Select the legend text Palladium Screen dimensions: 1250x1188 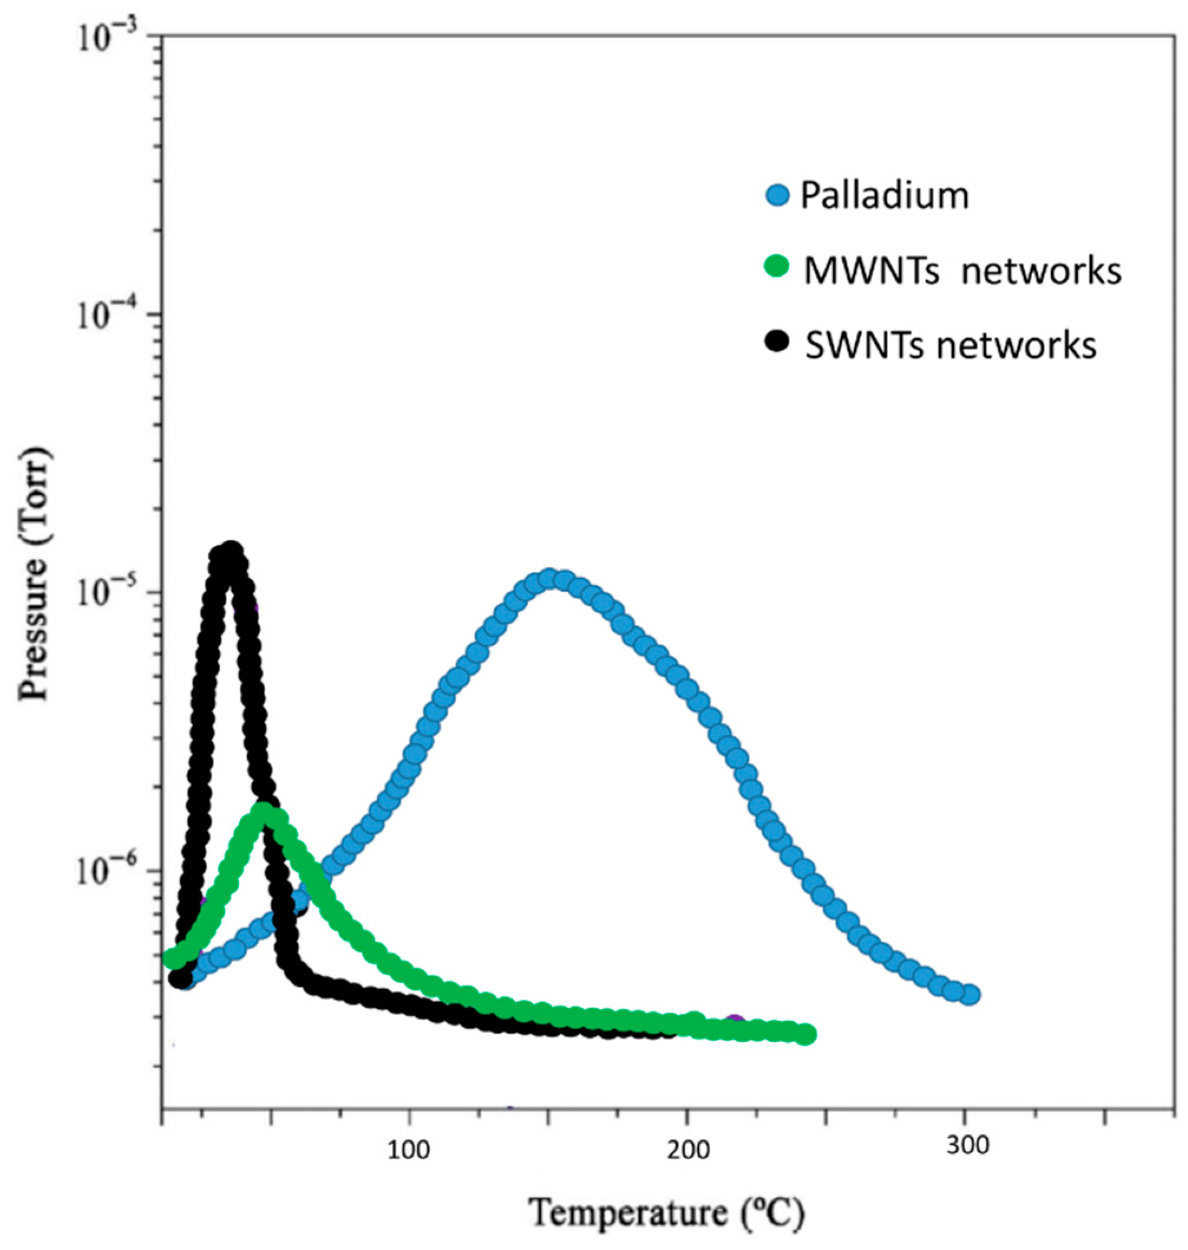pos(885,197)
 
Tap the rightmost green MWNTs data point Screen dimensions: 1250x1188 pos(805,1035)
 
